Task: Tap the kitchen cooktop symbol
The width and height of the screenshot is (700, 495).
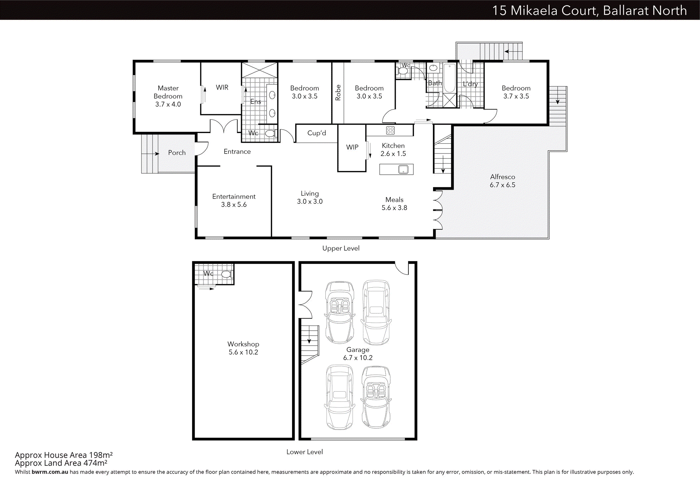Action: tap(390, 130)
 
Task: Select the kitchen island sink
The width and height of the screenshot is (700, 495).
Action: tap(403, 169)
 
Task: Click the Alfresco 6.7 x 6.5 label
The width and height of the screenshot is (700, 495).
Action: tap(502, 181)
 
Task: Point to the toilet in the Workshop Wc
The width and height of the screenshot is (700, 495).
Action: tap(227, 274)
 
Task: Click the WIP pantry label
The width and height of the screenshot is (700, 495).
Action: tap(352, 147)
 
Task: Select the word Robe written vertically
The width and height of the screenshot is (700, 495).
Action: tap(338, 92)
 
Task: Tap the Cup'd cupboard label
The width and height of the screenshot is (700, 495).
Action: tap(317, 133)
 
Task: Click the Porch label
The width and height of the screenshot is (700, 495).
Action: tap(177, 152)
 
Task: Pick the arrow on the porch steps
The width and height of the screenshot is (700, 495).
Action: tap(151, 154)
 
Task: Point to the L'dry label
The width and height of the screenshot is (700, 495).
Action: tap(470, 84)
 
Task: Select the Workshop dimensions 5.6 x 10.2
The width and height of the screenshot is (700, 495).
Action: tap(243, 352)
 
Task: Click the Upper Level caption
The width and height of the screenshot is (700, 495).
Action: tap(341, 248)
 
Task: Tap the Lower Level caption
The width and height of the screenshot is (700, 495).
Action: tap(305, 452)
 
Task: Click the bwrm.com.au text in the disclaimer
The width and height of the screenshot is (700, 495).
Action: tap(50, 472)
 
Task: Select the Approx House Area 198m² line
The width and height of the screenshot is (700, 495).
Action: tap(64, 455)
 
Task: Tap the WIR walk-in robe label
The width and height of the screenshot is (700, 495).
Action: tap(222, 87)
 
